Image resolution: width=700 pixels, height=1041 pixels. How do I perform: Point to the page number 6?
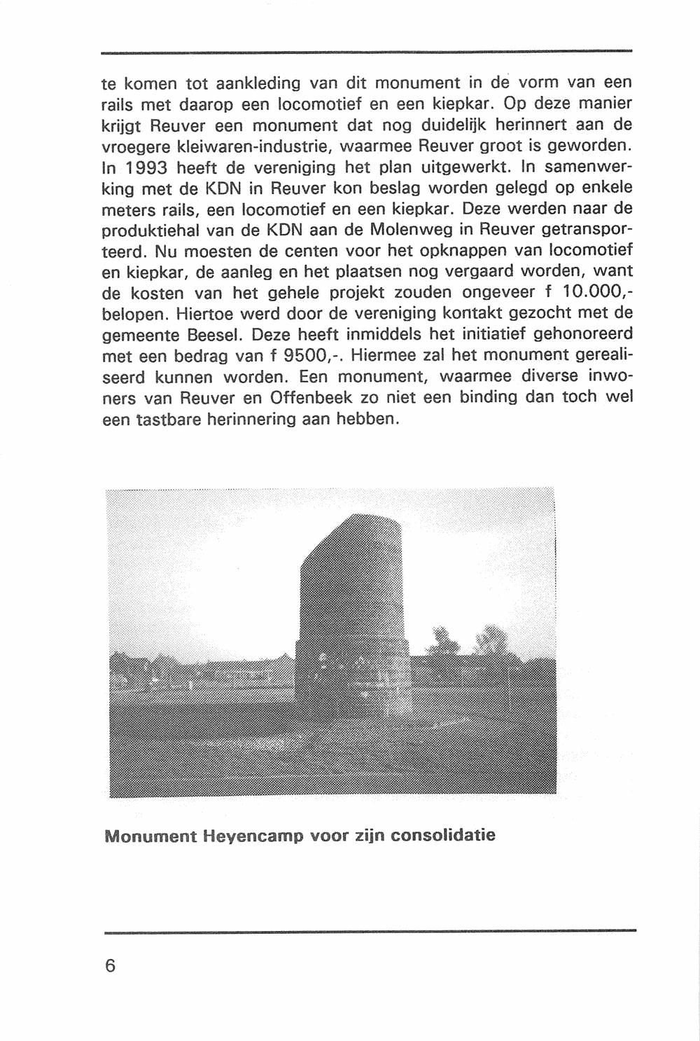[109, 965]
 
